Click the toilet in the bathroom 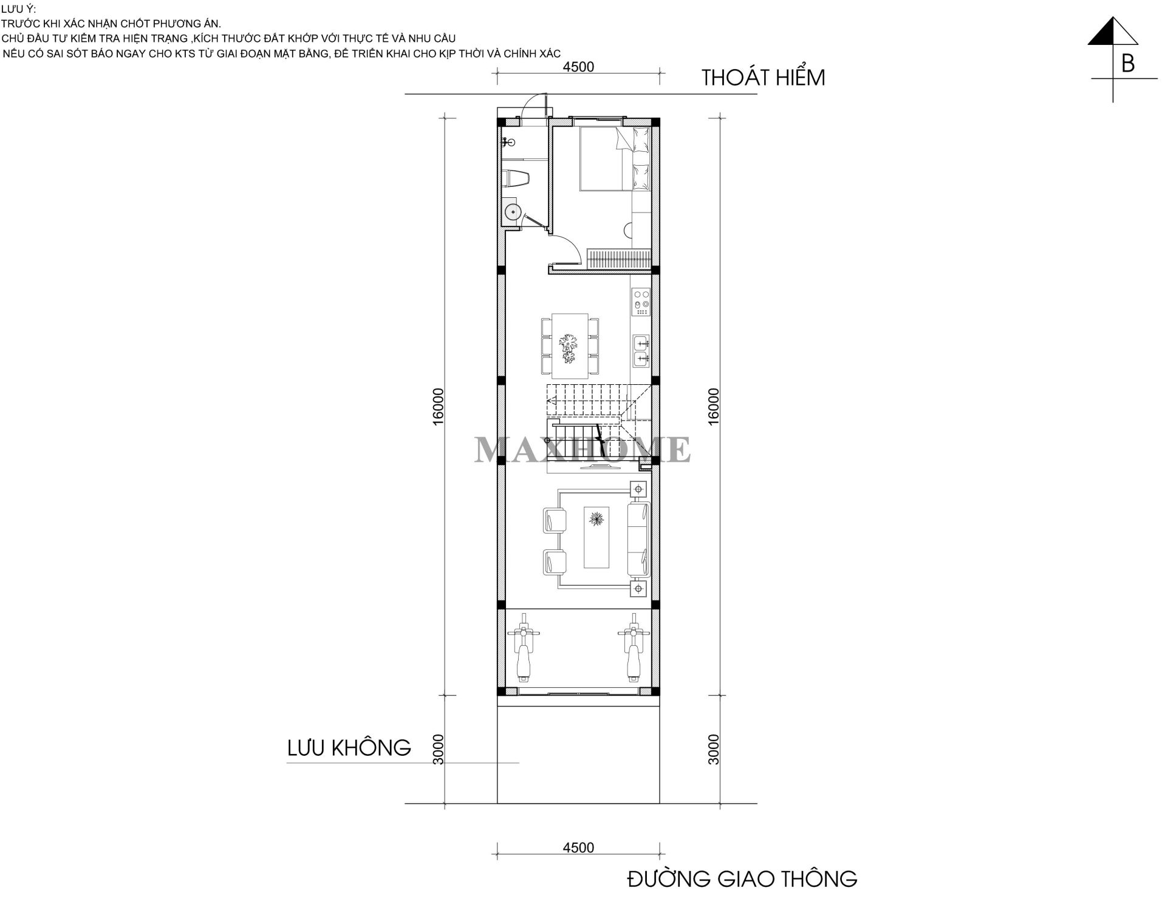coord(516,178)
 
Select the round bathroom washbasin coord(513,212)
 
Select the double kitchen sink coord(641,351)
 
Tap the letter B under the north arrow coord(1127,64)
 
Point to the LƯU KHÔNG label coord(349,747)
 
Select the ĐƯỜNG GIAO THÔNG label coord(742,878)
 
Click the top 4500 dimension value coord(578,67)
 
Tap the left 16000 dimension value coord(439,406)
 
